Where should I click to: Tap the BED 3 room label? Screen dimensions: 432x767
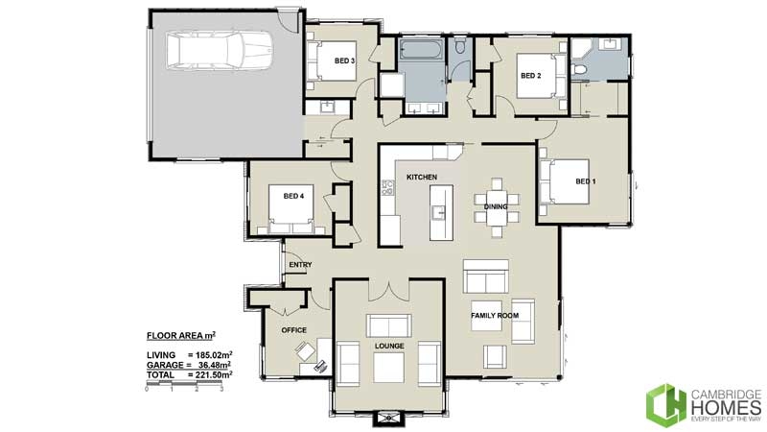345,61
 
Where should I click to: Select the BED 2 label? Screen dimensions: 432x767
531,75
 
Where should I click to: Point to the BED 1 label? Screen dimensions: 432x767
585,181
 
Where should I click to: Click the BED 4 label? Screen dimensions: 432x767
293,196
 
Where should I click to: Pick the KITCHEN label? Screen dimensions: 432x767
422,178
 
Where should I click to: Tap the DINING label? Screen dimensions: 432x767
496,206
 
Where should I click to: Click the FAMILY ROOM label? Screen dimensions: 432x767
495,315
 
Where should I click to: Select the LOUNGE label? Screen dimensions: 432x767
388,345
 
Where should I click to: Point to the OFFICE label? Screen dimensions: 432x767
293,329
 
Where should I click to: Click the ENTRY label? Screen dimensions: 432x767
300,266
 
